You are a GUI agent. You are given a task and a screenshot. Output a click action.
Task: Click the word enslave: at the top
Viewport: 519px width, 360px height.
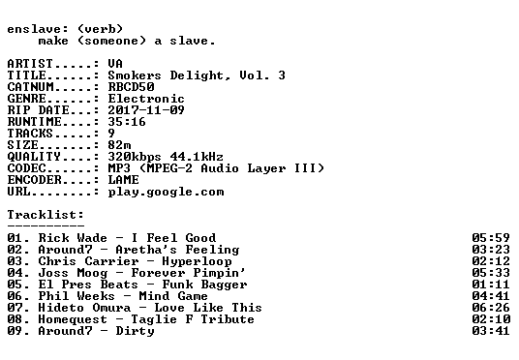(38, 29)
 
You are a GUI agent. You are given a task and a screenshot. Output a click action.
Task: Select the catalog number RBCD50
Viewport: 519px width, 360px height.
(131, 87)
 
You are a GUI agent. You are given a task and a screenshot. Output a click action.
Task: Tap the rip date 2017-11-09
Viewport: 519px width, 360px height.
(146, 110)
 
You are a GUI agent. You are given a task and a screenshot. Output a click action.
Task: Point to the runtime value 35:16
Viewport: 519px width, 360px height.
(127, 121)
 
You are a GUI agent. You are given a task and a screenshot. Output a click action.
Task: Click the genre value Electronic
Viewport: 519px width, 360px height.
(146, 99)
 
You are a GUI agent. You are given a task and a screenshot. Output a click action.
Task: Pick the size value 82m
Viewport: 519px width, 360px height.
(119, 144)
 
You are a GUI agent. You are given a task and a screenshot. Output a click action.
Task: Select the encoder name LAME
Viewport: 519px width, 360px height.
(124, 180)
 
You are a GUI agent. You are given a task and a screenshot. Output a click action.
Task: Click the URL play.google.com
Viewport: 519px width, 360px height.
(167, 192)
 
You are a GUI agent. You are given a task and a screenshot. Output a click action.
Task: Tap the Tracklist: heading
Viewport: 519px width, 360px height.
(46, 215)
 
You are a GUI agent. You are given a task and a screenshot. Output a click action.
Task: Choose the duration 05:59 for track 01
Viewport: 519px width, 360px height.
(491, 237)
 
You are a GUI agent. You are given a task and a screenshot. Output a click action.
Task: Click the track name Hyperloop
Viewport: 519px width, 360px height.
(197, 261)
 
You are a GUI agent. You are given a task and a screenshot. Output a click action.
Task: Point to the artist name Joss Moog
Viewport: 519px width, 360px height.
(73, 273)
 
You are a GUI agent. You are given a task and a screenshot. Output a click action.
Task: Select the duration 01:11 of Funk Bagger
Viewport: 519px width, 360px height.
(491, 285)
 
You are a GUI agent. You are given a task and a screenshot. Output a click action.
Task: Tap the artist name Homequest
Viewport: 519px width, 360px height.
(73, 319)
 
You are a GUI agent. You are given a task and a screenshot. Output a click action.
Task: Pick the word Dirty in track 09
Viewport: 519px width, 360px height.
(135, 331)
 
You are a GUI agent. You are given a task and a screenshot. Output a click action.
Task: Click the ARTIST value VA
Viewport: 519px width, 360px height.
(115, 63)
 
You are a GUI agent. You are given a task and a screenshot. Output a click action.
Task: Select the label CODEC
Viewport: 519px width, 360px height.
(26, 168)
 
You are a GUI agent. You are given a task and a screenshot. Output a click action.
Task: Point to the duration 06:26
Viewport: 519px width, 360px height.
(491, 308)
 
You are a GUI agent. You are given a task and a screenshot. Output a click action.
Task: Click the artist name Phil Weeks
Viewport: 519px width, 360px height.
(76, 296)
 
